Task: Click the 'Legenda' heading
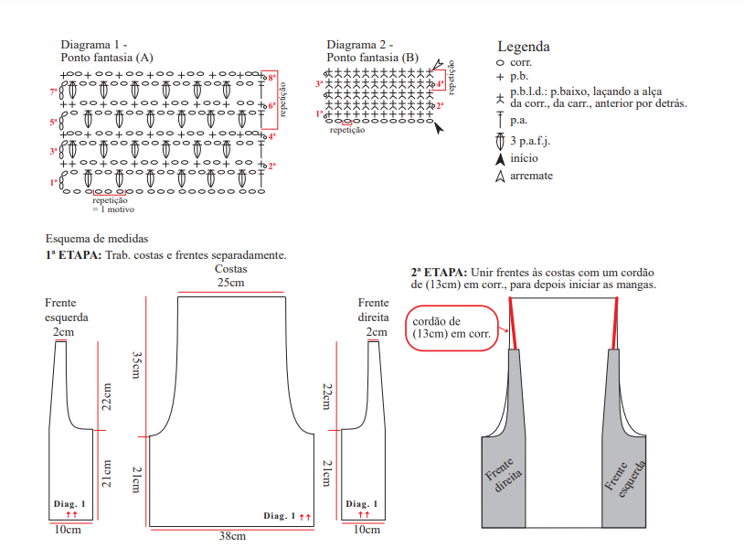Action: click(x=523, y=47)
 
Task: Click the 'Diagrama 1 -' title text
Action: click(x=93, y=45)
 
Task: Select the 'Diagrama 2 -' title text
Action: click(x=360, y=45)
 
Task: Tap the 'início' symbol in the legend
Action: click(x=500, y=158)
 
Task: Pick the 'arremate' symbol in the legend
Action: click(x=500, y=176)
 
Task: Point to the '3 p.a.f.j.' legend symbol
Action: click(x=500, y=141)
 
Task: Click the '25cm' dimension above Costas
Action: click(x=230, y=283)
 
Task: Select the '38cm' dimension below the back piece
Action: click(x=232, y=536)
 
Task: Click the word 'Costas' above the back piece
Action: click(x=230, y=270)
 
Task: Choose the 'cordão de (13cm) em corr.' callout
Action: click(x=452, y=328)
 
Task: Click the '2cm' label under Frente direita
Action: click(x=374, y=332)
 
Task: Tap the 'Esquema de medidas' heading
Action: click(x=90, y=240)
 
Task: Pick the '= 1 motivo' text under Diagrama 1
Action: click(x=112, y=210)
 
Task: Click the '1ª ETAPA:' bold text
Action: click(x=73, y=254)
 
